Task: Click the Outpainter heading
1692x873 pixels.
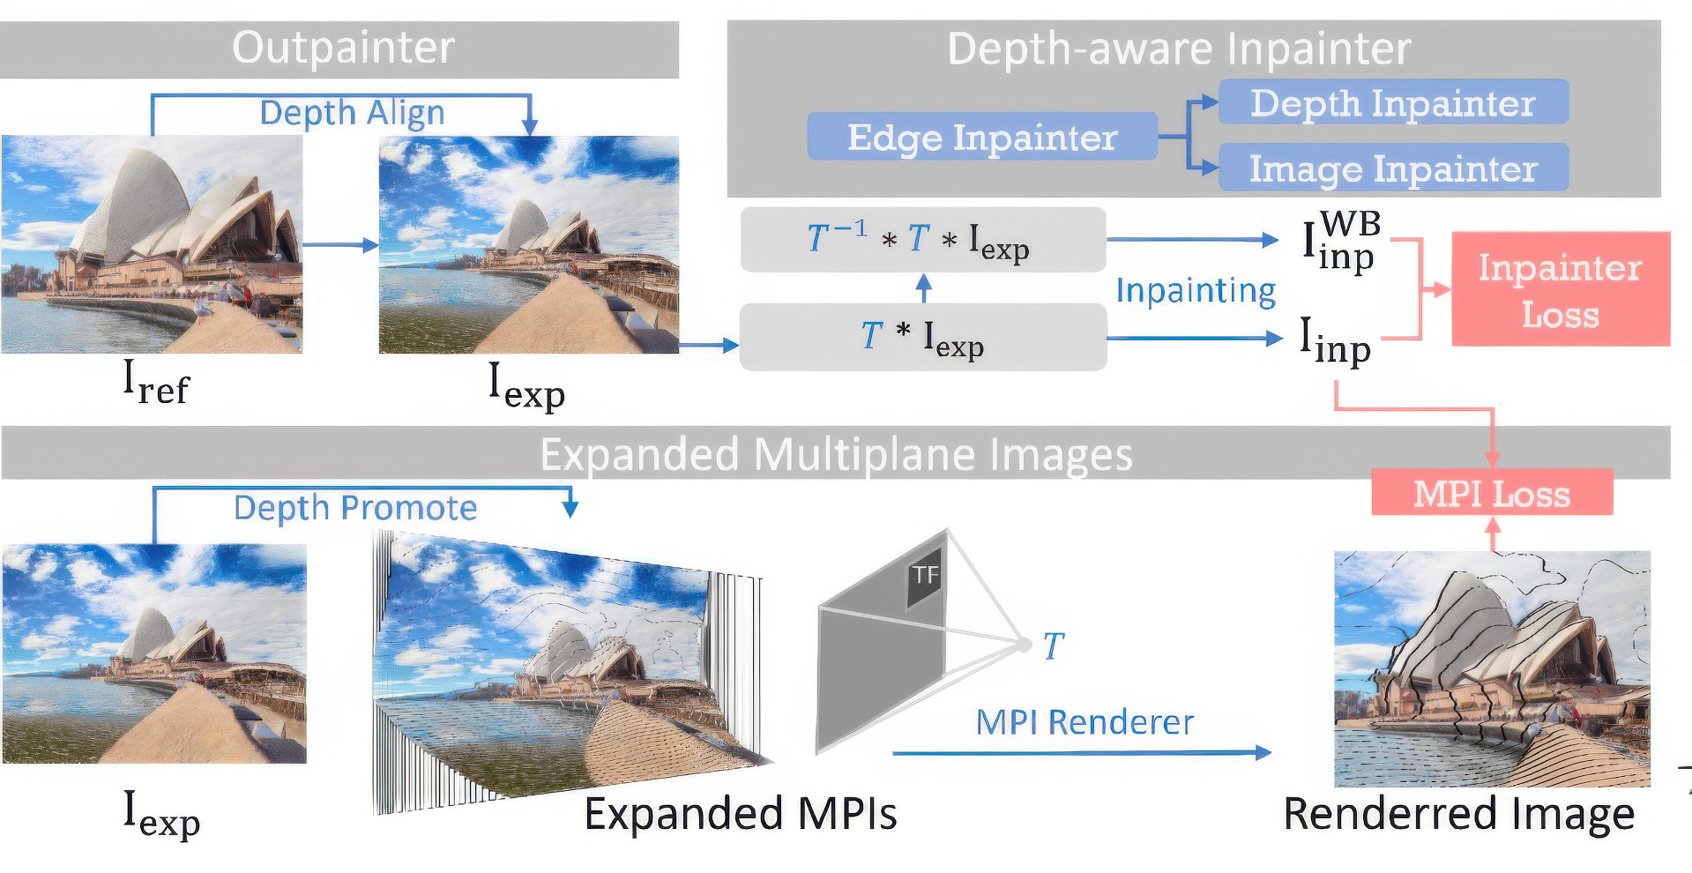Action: point(343,48)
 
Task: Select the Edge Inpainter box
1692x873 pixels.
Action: point(981,137)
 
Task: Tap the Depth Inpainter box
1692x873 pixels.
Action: point(1392,103)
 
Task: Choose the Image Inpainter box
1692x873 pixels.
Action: point(1392,168)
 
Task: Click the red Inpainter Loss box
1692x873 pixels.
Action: point(1560,289)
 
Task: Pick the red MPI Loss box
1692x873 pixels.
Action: point(1491,493)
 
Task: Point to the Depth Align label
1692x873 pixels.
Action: point(352,113)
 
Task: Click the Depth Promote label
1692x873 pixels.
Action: point(354,508)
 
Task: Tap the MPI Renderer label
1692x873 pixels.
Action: point(1084,722)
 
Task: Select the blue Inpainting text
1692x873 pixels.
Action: point(1195,290)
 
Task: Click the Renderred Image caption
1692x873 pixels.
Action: point(1458,813)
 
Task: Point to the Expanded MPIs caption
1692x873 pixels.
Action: point(740,813)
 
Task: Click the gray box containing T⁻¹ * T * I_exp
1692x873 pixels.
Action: point(922,239)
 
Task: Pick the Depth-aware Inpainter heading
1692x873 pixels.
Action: point(1178,48)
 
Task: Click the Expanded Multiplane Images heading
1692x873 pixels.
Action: point(835,455)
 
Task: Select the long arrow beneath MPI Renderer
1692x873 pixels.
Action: point(1081,753)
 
